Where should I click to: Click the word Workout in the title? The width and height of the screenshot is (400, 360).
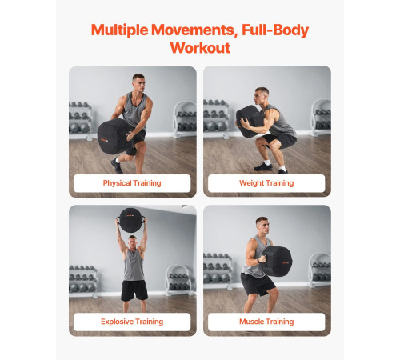coord(200,48)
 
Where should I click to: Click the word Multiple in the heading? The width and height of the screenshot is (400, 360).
coord(119,30)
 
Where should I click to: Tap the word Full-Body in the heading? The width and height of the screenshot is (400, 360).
coord(275,30)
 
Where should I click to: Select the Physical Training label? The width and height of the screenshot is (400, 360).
coord(132,183)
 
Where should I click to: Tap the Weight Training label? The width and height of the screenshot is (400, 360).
coord(266,183)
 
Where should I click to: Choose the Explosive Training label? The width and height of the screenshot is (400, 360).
coord(132,322)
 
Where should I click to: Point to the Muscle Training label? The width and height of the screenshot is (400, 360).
coord(266,322)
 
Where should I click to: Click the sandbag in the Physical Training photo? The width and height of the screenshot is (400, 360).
coord(114,137)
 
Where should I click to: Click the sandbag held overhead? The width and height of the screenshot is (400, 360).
coord(130,220)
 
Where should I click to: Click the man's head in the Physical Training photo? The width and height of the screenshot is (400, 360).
coord(139,82)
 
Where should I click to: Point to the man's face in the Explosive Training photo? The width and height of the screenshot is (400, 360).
coord(133,243)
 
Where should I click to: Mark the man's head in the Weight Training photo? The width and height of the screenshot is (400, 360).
coord(261,96)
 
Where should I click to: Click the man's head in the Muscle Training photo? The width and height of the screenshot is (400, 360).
coord(262,226)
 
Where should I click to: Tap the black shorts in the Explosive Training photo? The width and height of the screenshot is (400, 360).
coord(134,290)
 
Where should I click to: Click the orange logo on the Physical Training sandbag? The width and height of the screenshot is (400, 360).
coord(104,140)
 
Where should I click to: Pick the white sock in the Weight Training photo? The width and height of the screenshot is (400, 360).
coord(267,162)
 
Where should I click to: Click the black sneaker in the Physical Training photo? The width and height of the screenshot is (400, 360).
coord(117,166)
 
